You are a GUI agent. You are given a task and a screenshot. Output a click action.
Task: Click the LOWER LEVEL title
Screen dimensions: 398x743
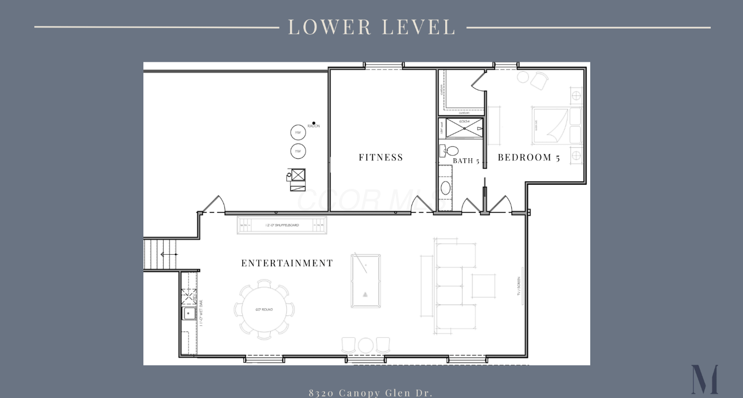[x=371, y=27]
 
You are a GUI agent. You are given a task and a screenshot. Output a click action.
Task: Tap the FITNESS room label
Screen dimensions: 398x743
[x=381, y=157]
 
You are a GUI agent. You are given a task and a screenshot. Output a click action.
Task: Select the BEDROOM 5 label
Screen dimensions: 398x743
[x=528, y=157]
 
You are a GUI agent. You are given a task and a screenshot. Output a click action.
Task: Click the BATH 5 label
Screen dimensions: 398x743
[x=466, y=161]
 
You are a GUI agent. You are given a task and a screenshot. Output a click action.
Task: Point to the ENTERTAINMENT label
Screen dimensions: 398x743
[x=287, y=263]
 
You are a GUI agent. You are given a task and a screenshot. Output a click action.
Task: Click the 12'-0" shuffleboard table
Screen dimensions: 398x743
[x=282, y=225]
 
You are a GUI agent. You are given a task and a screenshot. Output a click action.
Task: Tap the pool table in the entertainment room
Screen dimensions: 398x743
[x=365, y=281]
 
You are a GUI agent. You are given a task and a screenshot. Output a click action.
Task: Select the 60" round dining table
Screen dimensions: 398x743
[x=264, y=310]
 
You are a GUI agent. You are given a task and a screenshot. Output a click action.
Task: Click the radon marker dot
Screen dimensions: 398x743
[x=313, y=123]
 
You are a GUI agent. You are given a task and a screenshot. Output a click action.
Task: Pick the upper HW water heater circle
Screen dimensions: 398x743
[x=298, y=132]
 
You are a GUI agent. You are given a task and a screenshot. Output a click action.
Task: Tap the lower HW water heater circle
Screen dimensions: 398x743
[x=298, y=152]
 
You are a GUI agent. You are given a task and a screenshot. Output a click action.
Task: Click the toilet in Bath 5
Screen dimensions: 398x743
[x=451, y=151]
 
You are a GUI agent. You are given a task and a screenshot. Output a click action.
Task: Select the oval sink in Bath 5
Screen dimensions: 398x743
[x=445, y=188]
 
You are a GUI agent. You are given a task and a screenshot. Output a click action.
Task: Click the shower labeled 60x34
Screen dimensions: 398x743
[x=464, y=128]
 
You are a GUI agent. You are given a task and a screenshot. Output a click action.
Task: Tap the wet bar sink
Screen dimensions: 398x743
[x=189, y=313]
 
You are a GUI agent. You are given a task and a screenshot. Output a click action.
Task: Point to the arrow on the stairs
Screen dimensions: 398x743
[x=168, y=254]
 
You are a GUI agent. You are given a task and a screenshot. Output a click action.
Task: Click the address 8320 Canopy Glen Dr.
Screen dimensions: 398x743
[x=370, y=393]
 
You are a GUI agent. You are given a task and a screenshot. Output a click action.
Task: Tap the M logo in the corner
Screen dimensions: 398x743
[x=704, y=379]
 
